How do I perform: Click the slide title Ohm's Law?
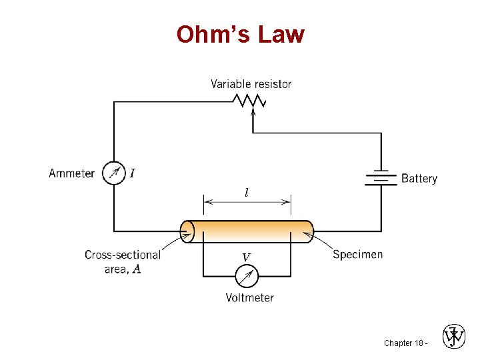(240, 34)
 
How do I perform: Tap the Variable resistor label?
(251, 84)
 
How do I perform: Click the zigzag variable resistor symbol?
(249, 101)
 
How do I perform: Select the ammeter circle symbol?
(114, 173)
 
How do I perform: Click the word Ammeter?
(72, 173)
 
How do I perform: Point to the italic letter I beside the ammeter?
(132, 173)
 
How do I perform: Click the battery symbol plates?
(381, 178)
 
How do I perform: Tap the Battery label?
(419, 179)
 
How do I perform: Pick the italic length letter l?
(247, 193)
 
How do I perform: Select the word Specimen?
(357, 254)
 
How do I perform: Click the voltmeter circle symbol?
(247, 275)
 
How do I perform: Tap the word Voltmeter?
(249, 297)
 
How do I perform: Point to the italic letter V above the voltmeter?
(246, 257)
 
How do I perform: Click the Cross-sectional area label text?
(122, 261)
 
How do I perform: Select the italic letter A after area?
(137, 269)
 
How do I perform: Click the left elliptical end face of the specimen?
(188, 231)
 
